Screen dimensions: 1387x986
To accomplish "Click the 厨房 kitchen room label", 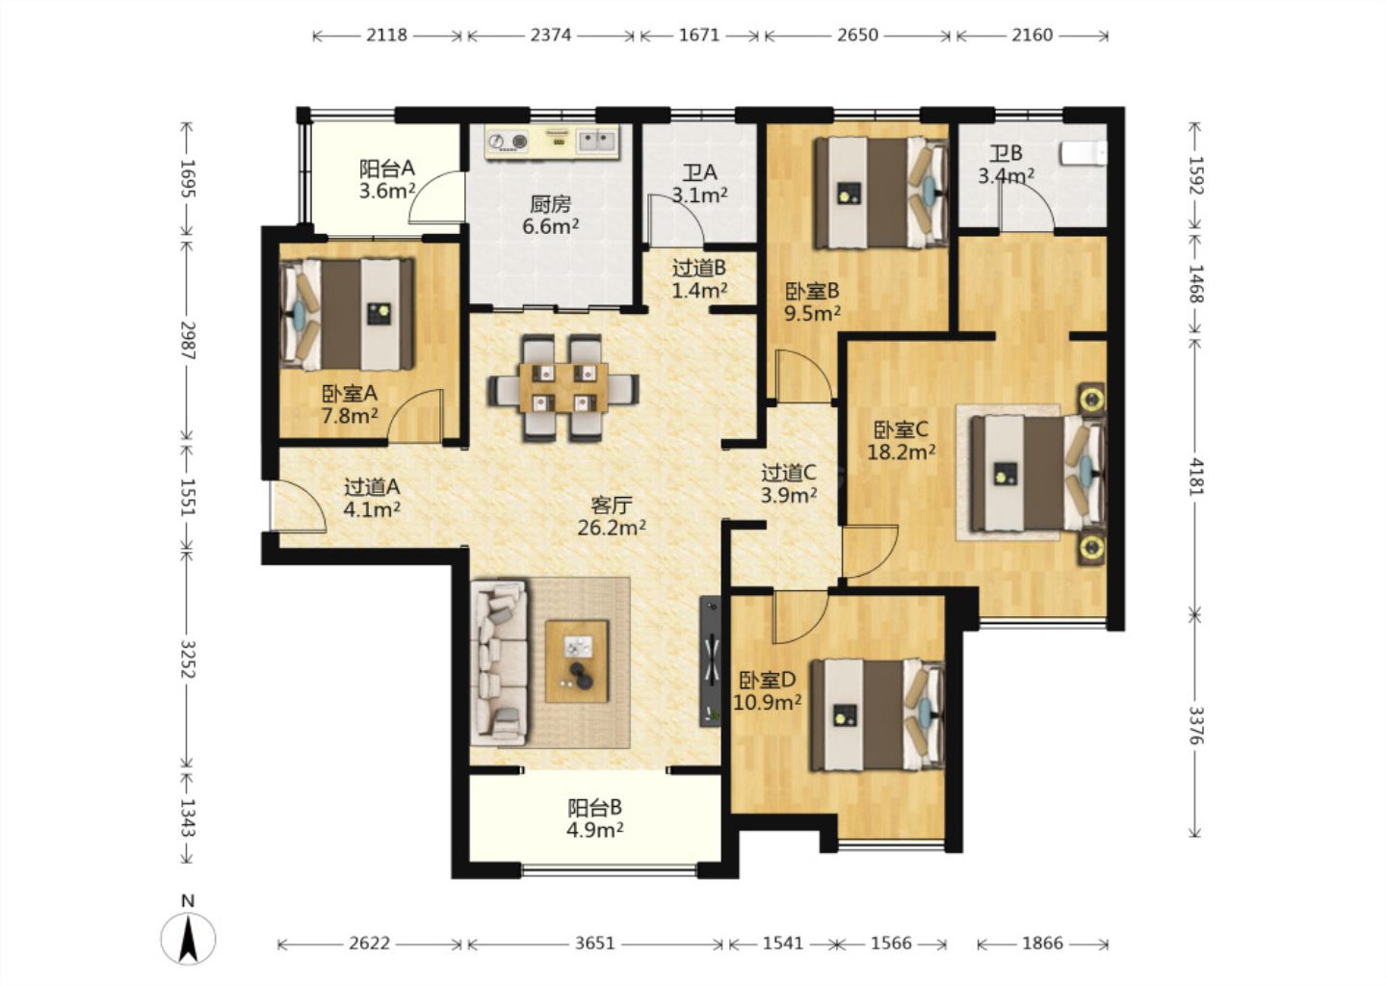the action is (551, 204).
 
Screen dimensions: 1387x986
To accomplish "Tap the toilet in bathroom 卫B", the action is (1083, 153).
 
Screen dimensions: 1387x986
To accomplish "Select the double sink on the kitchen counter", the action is (597, 142).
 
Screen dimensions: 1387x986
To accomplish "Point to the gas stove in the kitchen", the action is (508, 143).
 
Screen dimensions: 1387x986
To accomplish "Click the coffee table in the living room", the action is (577, 662).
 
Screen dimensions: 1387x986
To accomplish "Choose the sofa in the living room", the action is (499, 662).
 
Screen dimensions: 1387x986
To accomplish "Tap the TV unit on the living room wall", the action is (710, 662).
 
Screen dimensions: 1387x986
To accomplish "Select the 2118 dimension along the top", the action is (386, 36).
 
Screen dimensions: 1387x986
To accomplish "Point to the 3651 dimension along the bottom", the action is (595, 944).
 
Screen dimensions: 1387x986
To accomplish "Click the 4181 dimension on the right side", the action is (1196, 477).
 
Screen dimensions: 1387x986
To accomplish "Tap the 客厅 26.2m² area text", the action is (612, 517).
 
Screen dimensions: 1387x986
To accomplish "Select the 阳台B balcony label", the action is (594, 808).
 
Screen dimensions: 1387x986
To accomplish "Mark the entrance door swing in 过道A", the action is (299, 506).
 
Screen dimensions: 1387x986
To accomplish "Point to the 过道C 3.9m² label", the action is (788, 484).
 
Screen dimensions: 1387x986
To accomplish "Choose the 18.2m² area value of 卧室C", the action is (901, 453).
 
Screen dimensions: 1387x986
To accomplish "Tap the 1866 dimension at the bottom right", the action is (1043, 944).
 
